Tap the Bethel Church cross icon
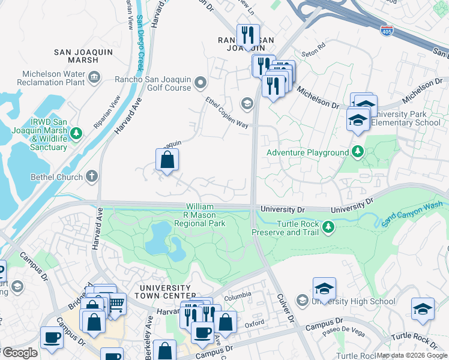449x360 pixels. coord(91,176)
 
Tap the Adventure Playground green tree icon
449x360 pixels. coord(358,151)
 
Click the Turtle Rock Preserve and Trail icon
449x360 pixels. coord(328,227)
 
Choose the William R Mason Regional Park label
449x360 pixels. coord(199,215)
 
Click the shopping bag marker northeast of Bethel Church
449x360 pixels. coord(167,160)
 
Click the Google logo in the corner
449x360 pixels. coord(20,352)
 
